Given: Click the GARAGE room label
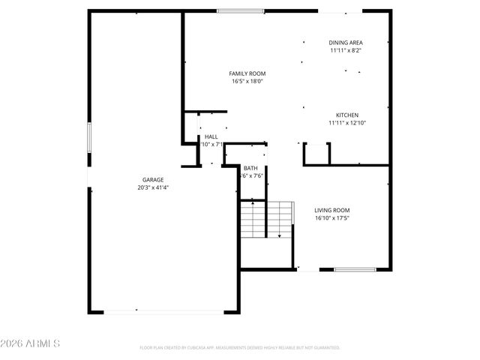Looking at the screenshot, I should click(153, 180).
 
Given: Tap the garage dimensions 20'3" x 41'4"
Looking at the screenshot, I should click(153, 188).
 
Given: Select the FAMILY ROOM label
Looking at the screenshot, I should click(247, 73).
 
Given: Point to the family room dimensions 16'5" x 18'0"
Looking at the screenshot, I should click(247, 82).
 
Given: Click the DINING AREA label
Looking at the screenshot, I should click(346, 43).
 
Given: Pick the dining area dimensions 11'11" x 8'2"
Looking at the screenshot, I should click(346, 51).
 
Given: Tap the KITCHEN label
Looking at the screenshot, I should click(346, 115).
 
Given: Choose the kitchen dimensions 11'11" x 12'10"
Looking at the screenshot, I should click(346, 123).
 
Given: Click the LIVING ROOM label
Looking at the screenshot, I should click(332, 210).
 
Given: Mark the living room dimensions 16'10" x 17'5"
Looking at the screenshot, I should click(332, 218).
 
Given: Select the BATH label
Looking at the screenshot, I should click(250, 168).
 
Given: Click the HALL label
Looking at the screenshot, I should click(211, 136).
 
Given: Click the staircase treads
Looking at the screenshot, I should click(264, 219).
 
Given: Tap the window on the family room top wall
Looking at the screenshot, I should click(241, 10).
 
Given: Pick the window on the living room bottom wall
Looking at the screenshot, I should click(355, 270).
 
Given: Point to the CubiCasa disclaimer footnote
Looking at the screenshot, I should click(240, 348).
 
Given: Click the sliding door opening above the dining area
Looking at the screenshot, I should click(340, 10).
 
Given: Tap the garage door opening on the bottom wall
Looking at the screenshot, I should click(164, 312).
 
